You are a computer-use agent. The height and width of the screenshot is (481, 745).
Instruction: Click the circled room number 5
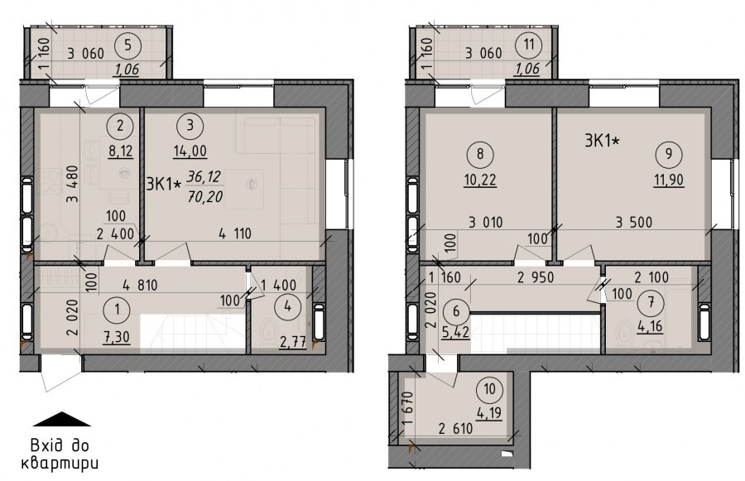tap(128, 46)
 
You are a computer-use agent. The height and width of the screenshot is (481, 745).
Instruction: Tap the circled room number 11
tap(529, 46)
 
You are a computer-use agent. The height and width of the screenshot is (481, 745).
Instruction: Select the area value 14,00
tap(190, 152)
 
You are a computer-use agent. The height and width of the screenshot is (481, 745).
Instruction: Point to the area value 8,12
tap(121, 152)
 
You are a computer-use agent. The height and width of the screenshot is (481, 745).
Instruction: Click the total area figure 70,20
tap(204, 196)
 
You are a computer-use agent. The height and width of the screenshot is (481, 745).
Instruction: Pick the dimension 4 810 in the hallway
tap(140, 286)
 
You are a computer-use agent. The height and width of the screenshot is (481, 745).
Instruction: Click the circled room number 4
tap(287, 306)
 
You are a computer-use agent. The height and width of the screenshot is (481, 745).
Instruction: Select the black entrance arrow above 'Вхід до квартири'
tap(62, 419)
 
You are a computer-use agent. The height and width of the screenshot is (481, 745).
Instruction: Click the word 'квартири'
tap(60, 464)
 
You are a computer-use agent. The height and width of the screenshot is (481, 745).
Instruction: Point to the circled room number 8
tap(480, 155)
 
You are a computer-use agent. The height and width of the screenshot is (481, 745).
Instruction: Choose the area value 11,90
tap(669, 180)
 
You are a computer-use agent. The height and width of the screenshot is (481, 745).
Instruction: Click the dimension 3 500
tap(634, 222)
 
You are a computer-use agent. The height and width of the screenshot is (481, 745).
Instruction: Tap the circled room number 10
tap(489, 389)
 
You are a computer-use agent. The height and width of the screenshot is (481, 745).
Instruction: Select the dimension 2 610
tap(455, 429)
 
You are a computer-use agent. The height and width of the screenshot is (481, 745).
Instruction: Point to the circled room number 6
tap(457, 311)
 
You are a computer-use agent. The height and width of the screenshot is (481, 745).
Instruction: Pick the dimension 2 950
tap(536, 277)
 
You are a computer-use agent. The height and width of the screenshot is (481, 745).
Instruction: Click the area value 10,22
tap(480, 180)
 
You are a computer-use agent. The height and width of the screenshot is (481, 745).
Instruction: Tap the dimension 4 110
tap(235, 233)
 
